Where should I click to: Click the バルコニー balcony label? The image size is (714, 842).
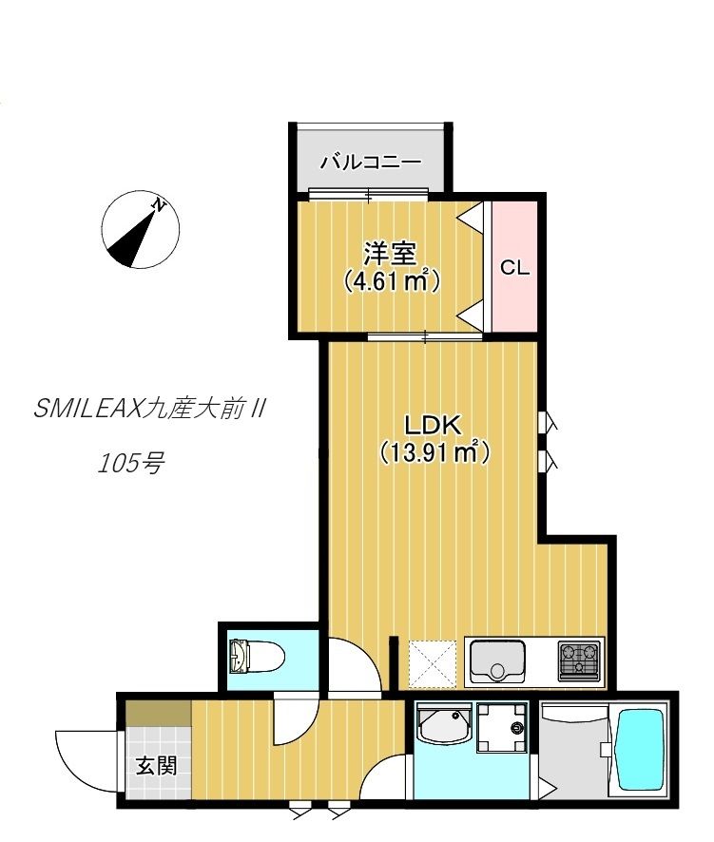(371, 162)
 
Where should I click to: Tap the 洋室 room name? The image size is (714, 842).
(391, 254)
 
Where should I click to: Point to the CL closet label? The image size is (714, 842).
(514, 267)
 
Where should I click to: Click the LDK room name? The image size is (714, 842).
(433, 426)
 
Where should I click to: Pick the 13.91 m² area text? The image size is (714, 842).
(434, 452)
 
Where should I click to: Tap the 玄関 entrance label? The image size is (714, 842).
(156, 765)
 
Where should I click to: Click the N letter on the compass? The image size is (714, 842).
(159, 204)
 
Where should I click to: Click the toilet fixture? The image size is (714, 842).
(257, 656)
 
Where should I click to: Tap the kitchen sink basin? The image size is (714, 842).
(497, 661)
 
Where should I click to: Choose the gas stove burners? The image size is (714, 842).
(579, 660)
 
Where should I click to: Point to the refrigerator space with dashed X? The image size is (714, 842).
(432, 663)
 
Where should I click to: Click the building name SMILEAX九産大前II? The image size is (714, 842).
(149, 410)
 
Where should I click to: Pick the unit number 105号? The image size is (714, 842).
(130, 463)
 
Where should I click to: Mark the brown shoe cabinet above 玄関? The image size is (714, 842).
(159, 713)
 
